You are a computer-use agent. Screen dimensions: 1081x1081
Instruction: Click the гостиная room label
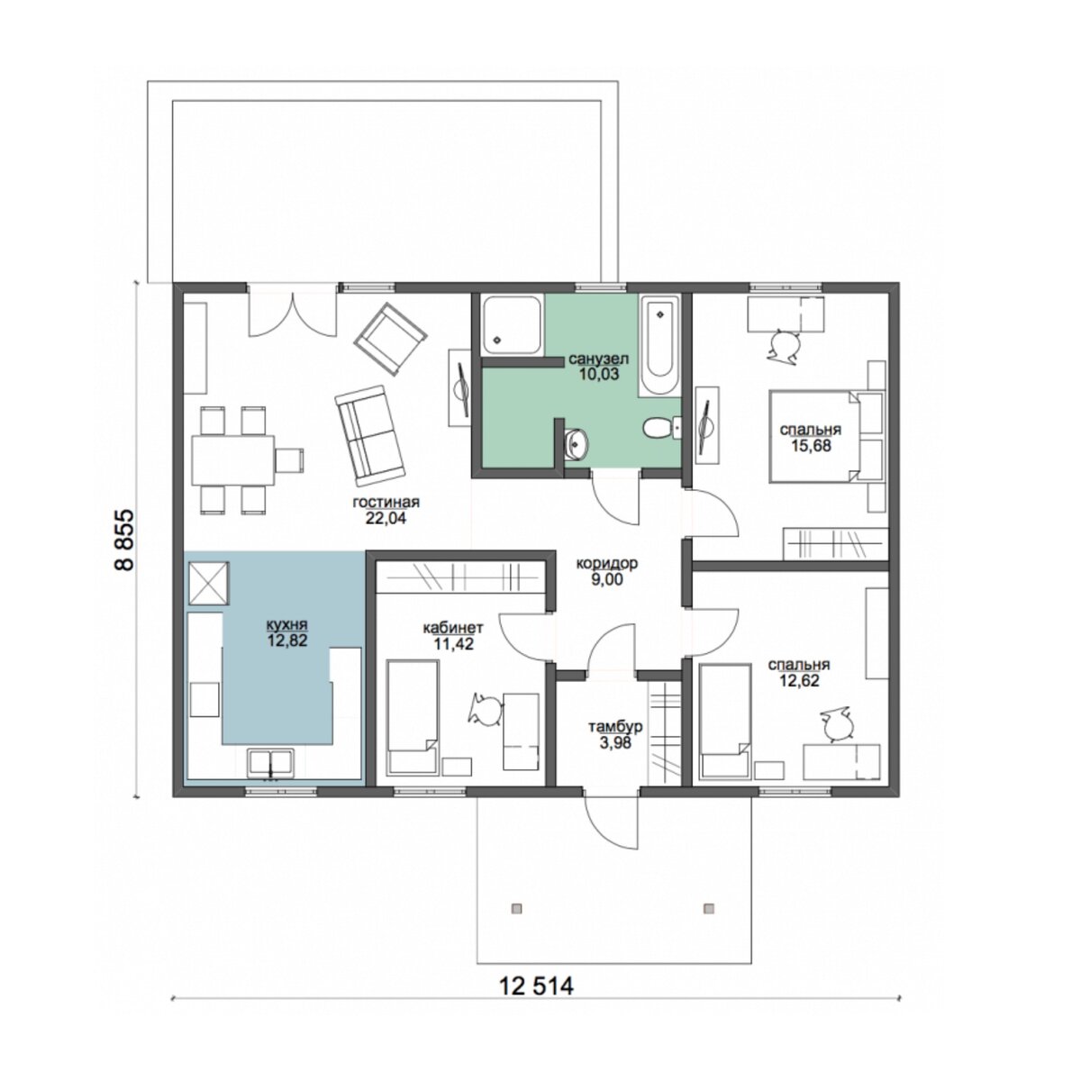[386, 502]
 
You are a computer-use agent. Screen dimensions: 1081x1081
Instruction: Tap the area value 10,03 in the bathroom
[599, 374]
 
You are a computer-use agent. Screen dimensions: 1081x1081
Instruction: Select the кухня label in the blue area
[287, 624]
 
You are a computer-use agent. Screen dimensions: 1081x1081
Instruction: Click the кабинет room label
[453, 627]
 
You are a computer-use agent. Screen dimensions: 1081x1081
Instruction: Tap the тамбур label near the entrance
[615, 726]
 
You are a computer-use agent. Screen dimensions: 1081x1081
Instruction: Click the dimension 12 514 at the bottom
[536, 986]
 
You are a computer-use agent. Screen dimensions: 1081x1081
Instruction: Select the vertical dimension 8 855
[124, 539]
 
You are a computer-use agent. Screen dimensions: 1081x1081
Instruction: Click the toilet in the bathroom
[661, 429]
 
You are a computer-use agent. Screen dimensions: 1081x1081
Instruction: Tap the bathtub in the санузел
[659, 347]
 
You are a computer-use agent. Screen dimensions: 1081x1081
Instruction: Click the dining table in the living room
[232, 460]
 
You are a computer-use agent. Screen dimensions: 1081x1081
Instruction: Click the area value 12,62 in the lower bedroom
[799, 680]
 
